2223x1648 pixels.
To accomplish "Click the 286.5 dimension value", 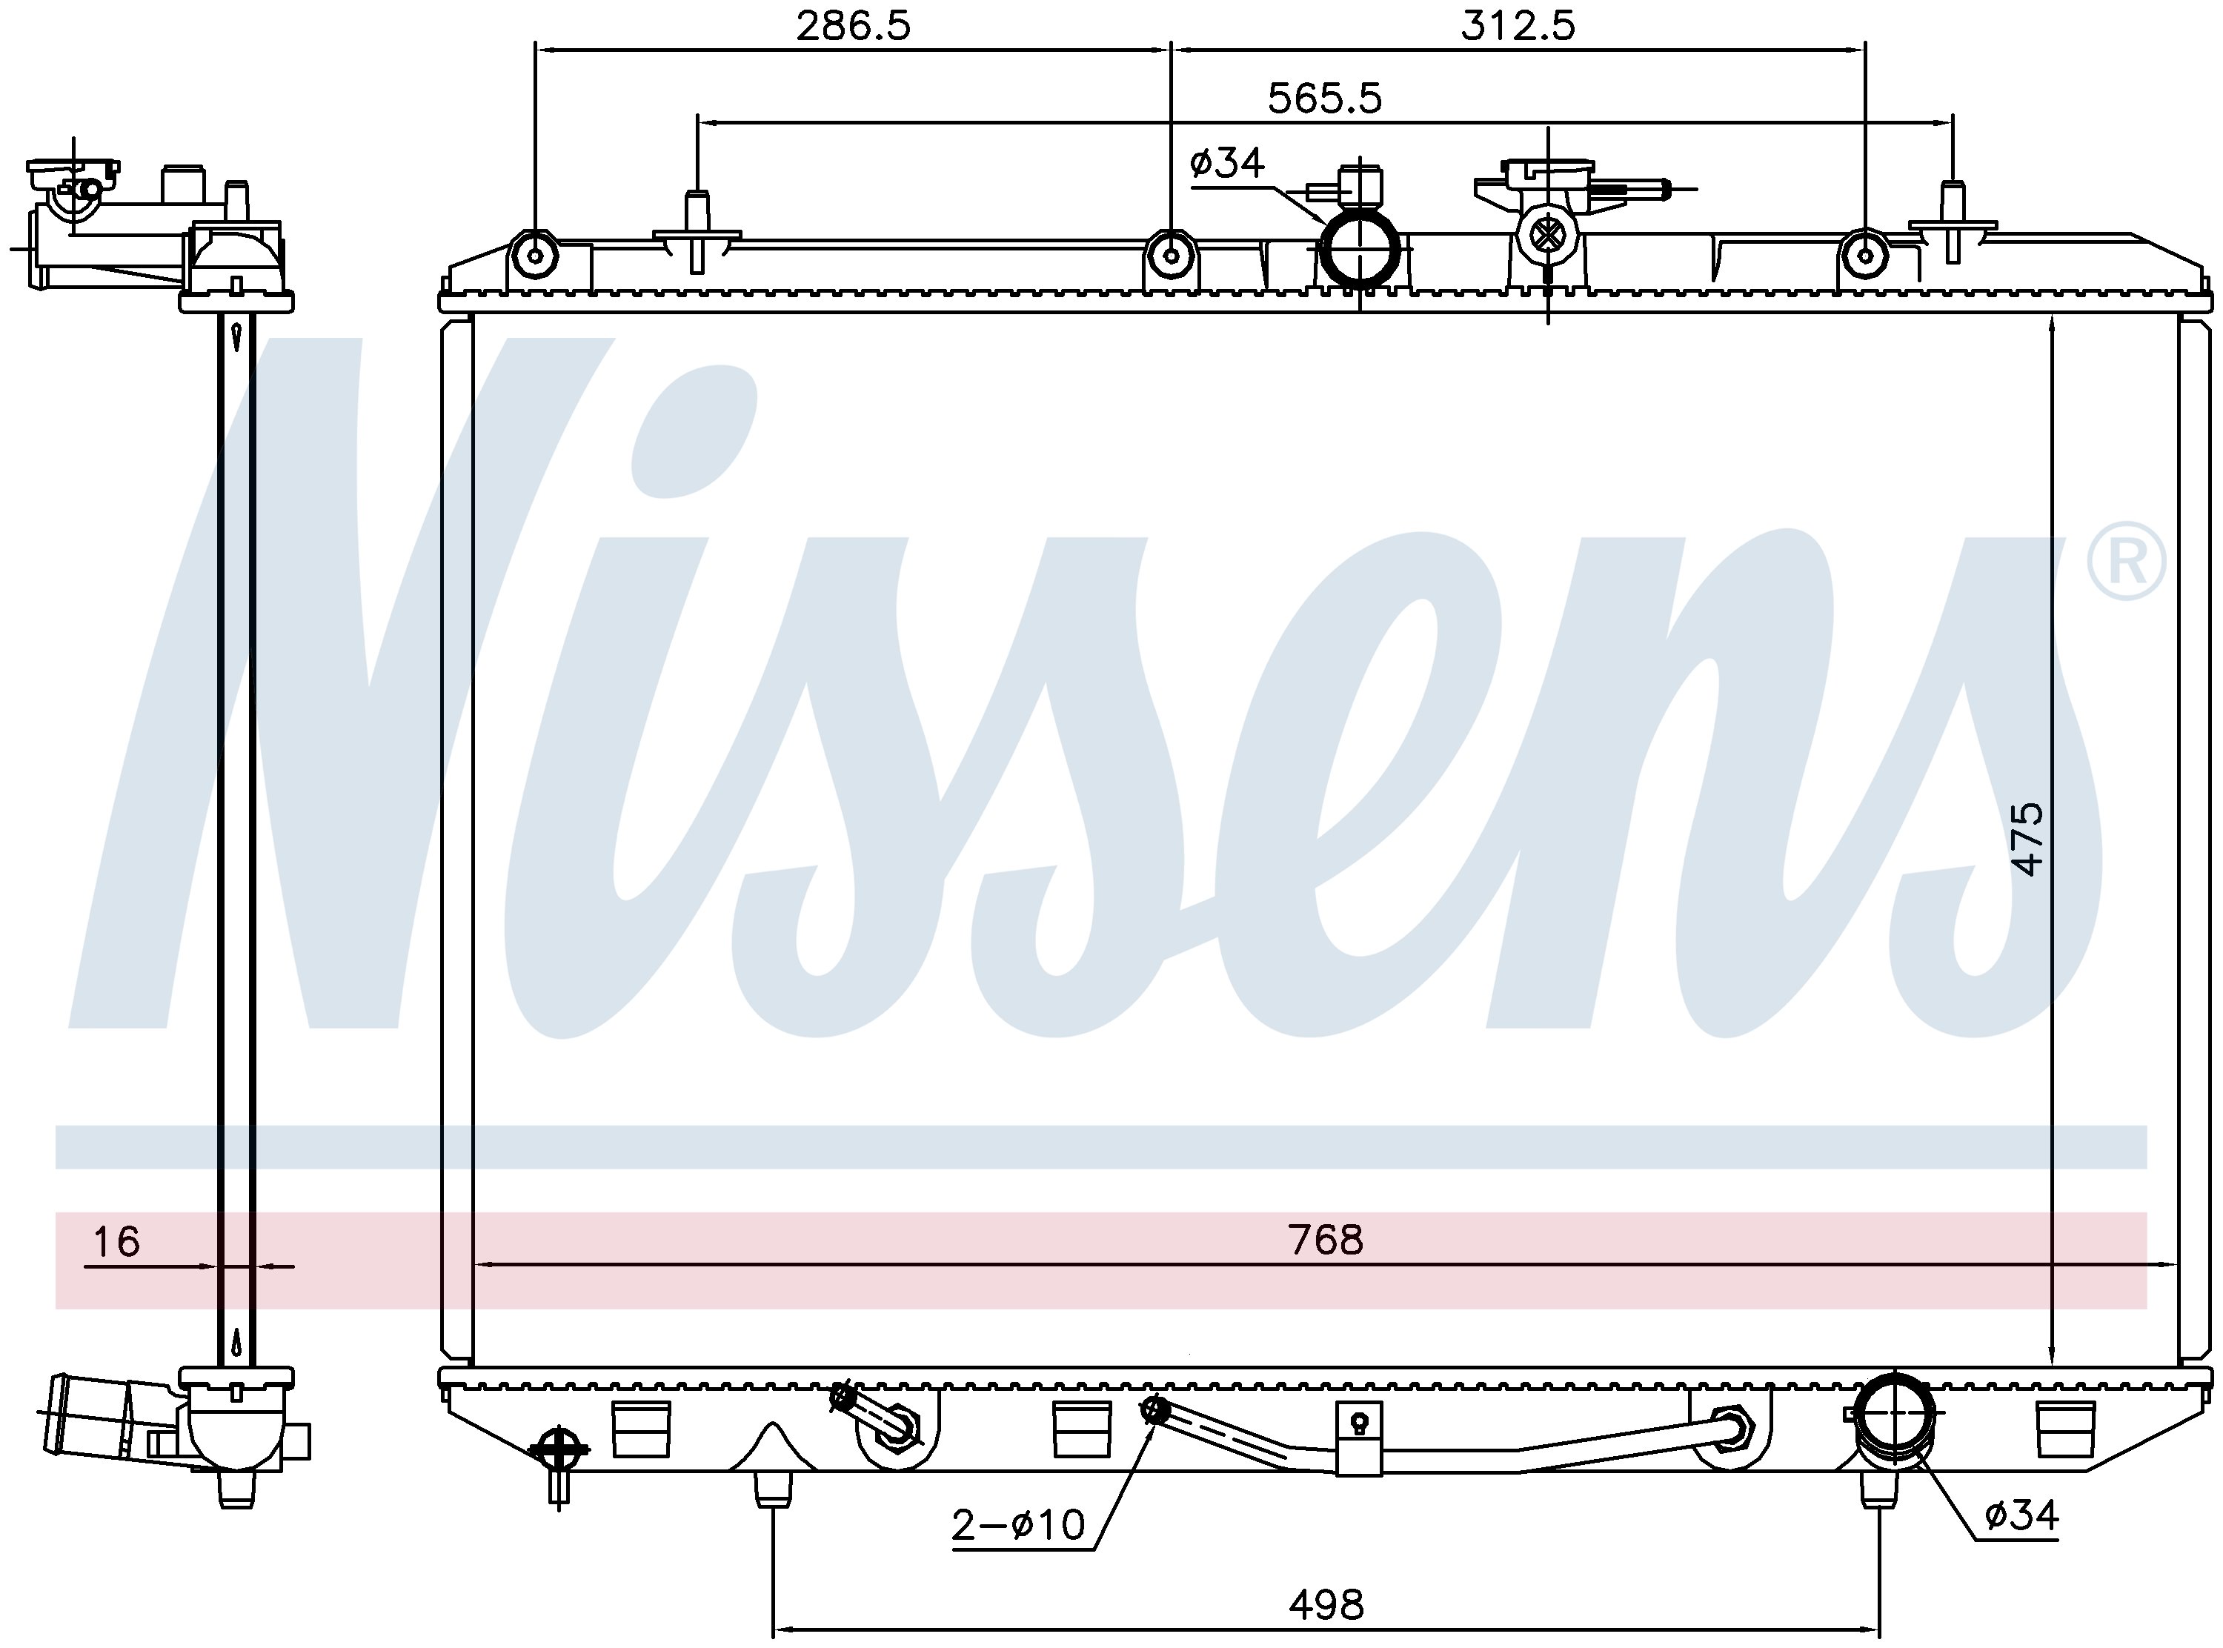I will pos(853,26).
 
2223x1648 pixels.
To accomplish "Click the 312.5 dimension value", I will pos(1517,26).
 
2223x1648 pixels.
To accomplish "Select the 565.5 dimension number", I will pos(1324,99).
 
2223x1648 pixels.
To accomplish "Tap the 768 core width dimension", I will pos(1324,1239).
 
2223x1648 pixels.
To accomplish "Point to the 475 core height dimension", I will pos(2027,839).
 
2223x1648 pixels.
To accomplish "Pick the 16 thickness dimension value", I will pos(116,1242).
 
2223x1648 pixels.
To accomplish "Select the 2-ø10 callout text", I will pos(1018,1525).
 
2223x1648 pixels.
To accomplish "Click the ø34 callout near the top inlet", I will pos(1226,162).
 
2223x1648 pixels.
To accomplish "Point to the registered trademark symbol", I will pos(2125,562).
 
